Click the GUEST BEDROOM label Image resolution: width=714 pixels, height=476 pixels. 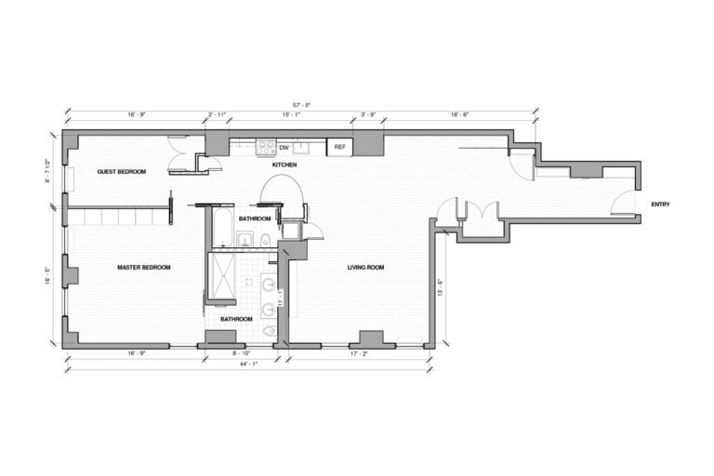pyautogui.click(x=122, y=172)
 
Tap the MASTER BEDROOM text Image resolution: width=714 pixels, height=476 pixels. pyautogui.click(x=144, y=268)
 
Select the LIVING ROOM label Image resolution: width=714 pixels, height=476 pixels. pyautogui.click(x=365, y=268)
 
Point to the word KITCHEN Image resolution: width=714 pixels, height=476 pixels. pyautogui.click(x=284, y=165)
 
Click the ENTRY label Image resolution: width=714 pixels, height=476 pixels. pyautogui.click(x=660, y=205)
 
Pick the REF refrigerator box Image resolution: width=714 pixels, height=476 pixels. pyautogui.click(x=339, y=147)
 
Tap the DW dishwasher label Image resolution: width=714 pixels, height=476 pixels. pyautogui.click(x=284, y=147)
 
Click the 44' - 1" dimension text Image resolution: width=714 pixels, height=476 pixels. pyautogui.click(x=248, y=365)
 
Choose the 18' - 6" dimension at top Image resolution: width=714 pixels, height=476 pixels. pyautogui.click(x=459, y=114)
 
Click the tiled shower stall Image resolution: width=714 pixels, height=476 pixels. pyautogui.click(x=221, y=276)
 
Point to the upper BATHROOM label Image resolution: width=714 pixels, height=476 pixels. pyautogui.click(x=254, y=218)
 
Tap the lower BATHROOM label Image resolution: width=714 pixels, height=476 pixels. pyautogui.click(x=236, y=319)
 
